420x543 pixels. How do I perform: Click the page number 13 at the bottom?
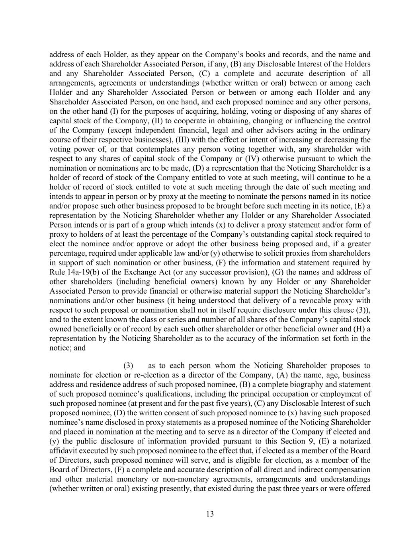pyautogui.click(x=210, y=514)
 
